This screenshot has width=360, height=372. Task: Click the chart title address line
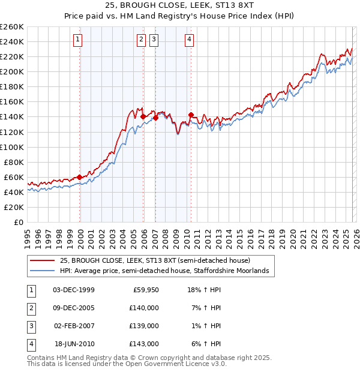[179, 7]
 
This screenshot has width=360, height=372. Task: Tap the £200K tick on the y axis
[11, 71]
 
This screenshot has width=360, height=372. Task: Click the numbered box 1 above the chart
[79, 40]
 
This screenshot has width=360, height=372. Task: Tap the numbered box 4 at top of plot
[189, 40]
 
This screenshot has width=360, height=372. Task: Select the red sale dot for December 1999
[79, 177]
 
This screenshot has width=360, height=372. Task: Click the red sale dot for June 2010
[191, 115]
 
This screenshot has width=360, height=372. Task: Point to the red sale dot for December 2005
[143, 117]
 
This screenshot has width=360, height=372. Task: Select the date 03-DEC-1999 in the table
[73, 290]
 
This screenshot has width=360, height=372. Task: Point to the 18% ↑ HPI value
[205, 290]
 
